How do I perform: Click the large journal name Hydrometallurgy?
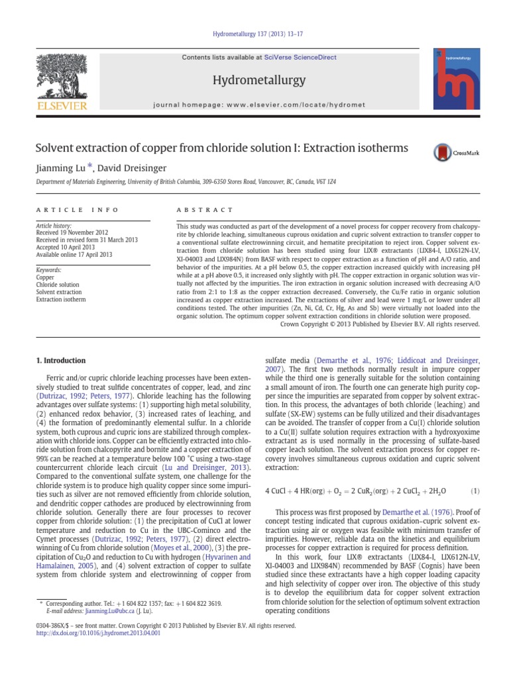coord(249,80)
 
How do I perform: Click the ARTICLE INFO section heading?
coord(76,210)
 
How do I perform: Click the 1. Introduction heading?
coord(60,361)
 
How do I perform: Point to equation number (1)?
coord(475,491)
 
